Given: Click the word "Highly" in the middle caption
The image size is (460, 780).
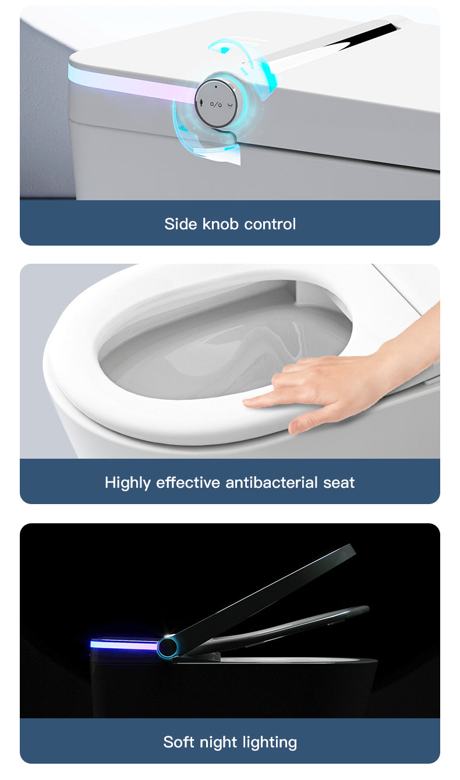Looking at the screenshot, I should tap(128, 483).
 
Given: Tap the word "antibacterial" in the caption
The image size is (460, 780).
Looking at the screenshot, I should tap(271, 483).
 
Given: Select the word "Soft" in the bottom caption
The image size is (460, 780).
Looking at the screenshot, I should tap(179, 742).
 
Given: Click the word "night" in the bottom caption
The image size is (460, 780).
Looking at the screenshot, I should tap(222, 742).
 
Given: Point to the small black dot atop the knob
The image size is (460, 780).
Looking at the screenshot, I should tap(216, 86).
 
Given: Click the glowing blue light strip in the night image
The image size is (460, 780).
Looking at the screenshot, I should tap(123, 644).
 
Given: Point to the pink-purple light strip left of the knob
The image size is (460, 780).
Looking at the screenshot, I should tap(134, 85).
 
